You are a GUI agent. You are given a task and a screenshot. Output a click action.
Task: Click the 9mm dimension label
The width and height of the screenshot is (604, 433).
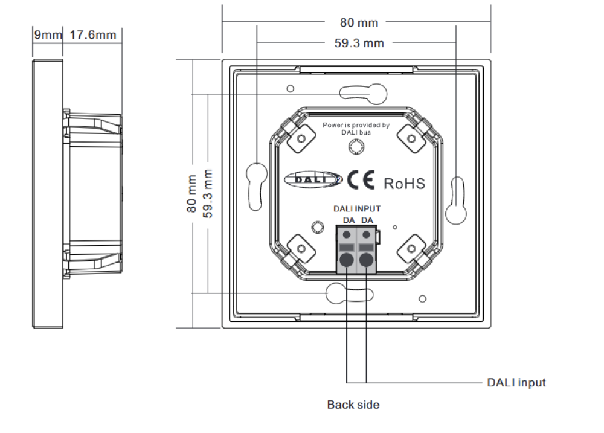48,34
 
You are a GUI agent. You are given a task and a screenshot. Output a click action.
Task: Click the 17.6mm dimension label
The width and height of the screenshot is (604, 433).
93,34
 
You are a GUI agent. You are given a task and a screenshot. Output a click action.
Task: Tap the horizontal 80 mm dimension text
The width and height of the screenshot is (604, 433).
359,23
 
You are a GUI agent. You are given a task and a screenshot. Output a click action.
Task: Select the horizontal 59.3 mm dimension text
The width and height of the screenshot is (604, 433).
359,43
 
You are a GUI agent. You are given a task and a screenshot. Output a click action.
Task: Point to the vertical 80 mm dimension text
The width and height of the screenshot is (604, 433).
191,193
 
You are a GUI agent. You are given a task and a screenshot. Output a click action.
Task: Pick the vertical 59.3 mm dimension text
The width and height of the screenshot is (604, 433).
208,193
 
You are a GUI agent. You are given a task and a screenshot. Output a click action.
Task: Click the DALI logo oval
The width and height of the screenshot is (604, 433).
313,179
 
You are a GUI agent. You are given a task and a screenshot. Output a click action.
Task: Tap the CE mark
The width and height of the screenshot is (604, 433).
361,179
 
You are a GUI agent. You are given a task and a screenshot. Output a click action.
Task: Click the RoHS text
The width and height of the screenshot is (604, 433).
405,184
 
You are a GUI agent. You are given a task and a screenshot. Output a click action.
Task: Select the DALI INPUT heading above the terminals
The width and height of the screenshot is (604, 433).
357,209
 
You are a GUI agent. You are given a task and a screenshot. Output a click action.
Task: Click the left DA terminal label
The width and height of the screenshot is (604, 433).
349,220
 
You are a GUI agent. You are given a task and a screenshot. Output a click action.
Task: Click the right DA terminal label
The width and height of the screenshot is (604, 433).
367,220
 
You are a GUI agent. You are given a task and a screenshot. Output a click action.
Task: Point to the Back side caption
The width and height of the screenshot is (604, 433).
353,405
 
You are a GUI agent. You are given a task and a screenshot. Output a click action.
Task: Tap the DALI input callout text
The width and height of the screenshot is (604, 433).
516,383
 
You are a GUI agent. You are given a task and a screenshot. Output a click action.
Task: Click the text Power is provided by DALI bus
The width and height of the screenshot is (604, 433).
356,129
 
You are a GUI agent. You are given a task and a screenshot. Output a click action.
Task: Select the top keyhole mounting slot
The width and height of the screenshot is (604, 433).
363,94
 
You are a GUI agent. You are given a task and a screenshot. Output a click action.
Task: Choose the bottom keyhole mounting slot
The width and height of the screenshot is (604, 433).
349,294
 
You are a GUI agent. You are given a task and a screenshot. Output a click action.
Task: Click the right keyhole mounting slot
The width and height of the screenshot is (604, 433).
457,200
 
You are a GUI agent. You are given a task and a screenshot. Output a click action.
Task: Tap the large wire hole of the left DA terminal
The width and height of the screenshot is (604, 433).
347,260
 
